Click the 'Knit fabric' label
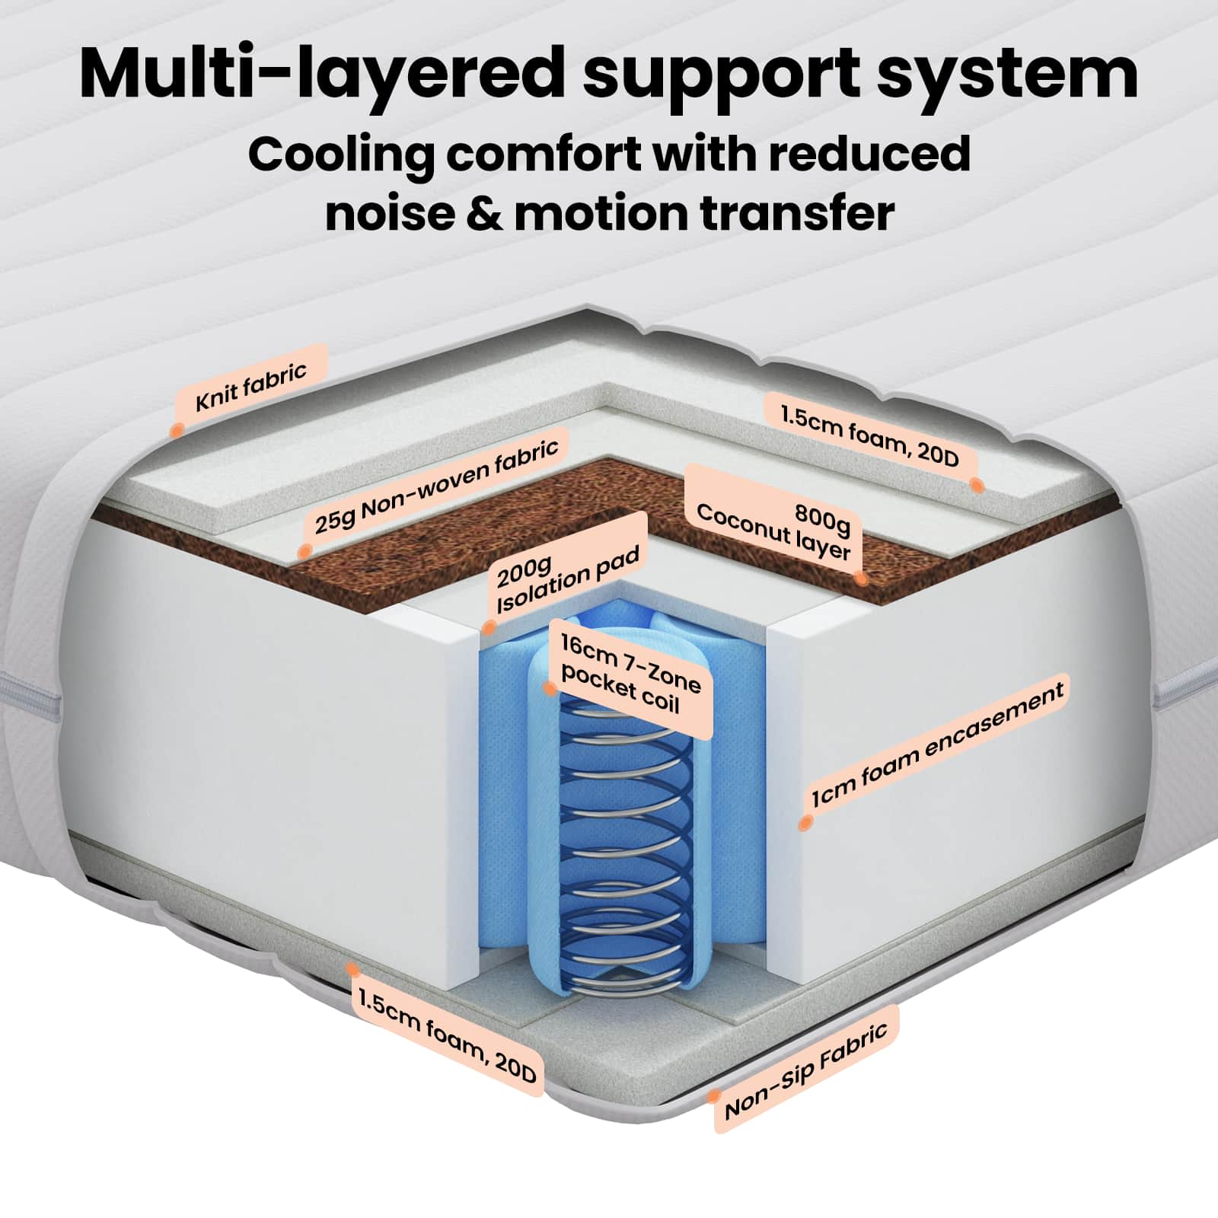point(251,387)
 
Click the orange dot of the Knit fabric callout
point(176,429)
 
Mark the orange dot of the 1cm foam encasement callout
point(803,823)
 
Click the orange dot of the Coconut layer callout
point(861,578)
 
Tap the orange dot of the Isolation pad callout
point(489,629)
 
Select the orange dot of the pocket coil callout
point(550,688)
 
